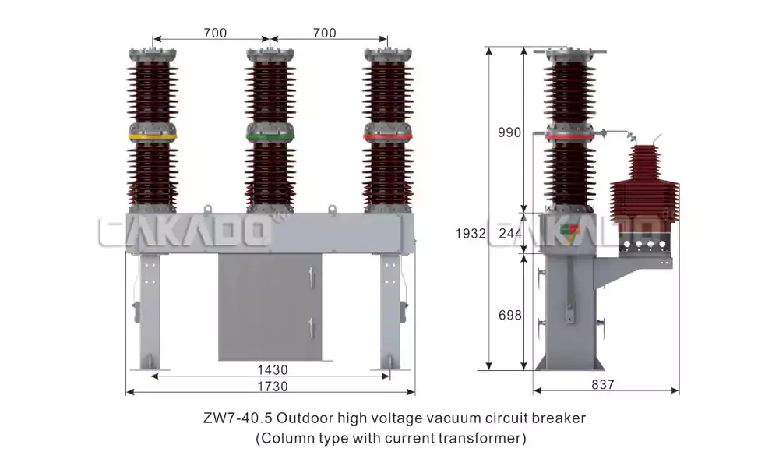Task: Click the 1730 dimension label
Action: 272,387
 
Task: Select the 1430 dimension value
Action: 272,370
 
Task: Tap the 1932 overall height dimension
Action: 470,233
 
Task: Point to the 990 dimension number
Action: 509,132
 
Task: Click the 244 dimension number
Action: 510,233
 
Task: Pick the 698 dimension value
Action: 509,316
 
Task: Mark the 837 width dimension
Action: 603,384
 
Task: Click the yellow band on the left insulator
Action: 153,136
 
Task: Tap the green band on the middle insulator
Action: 270,136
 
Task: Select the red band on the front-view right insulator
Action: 387,136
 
